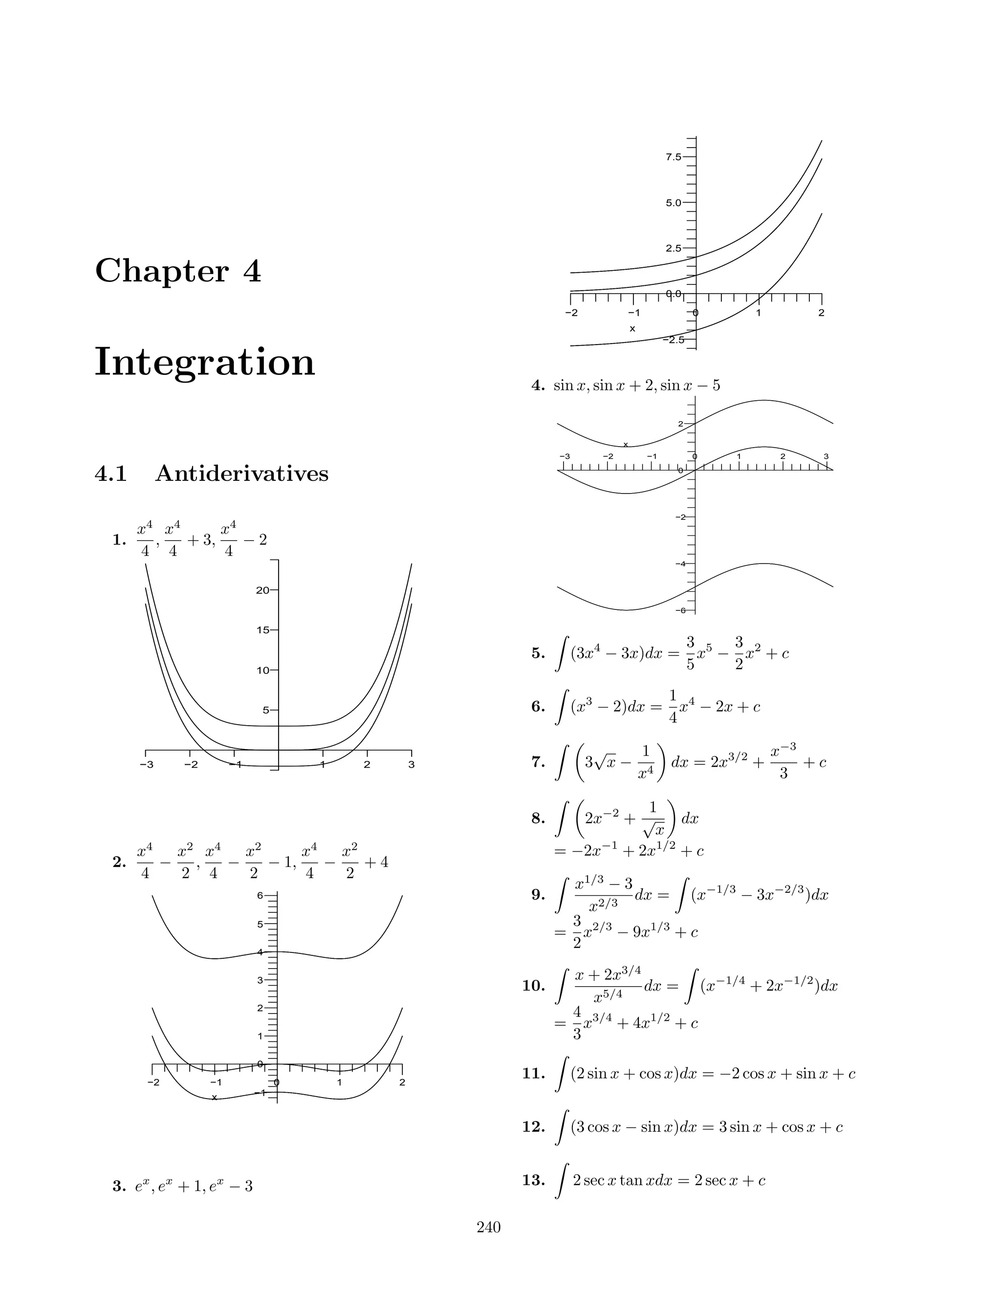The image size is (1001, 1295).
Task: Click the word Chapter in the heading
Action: (x=161, y=272)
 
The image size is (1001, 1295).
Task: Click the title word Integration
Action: (x=205, y=362)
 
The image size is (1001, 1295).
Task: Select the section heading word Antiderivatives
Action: (x=241, y=474)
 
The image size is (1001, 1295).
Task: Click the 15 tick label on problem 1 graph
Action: (x=262, y=630)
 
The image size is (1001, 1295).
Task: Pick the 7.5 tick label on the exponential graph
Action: (x=674, y=157)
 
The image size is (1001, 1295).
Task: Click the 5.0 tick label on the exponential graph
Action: (x=674, y=203)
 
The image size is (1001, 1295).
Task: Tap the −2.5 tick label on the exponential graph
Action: (x=673, y=340)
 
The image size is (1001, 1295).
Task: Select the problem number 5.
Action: (x=538, y=653)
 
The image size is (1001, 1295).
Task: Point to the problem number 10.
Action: (x=533, y=986)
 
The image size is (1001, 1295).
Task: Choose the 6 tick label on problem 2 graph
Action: (x=261, y=895)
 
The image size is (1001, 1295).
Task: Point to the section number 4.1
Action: (x=111, y=474)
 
